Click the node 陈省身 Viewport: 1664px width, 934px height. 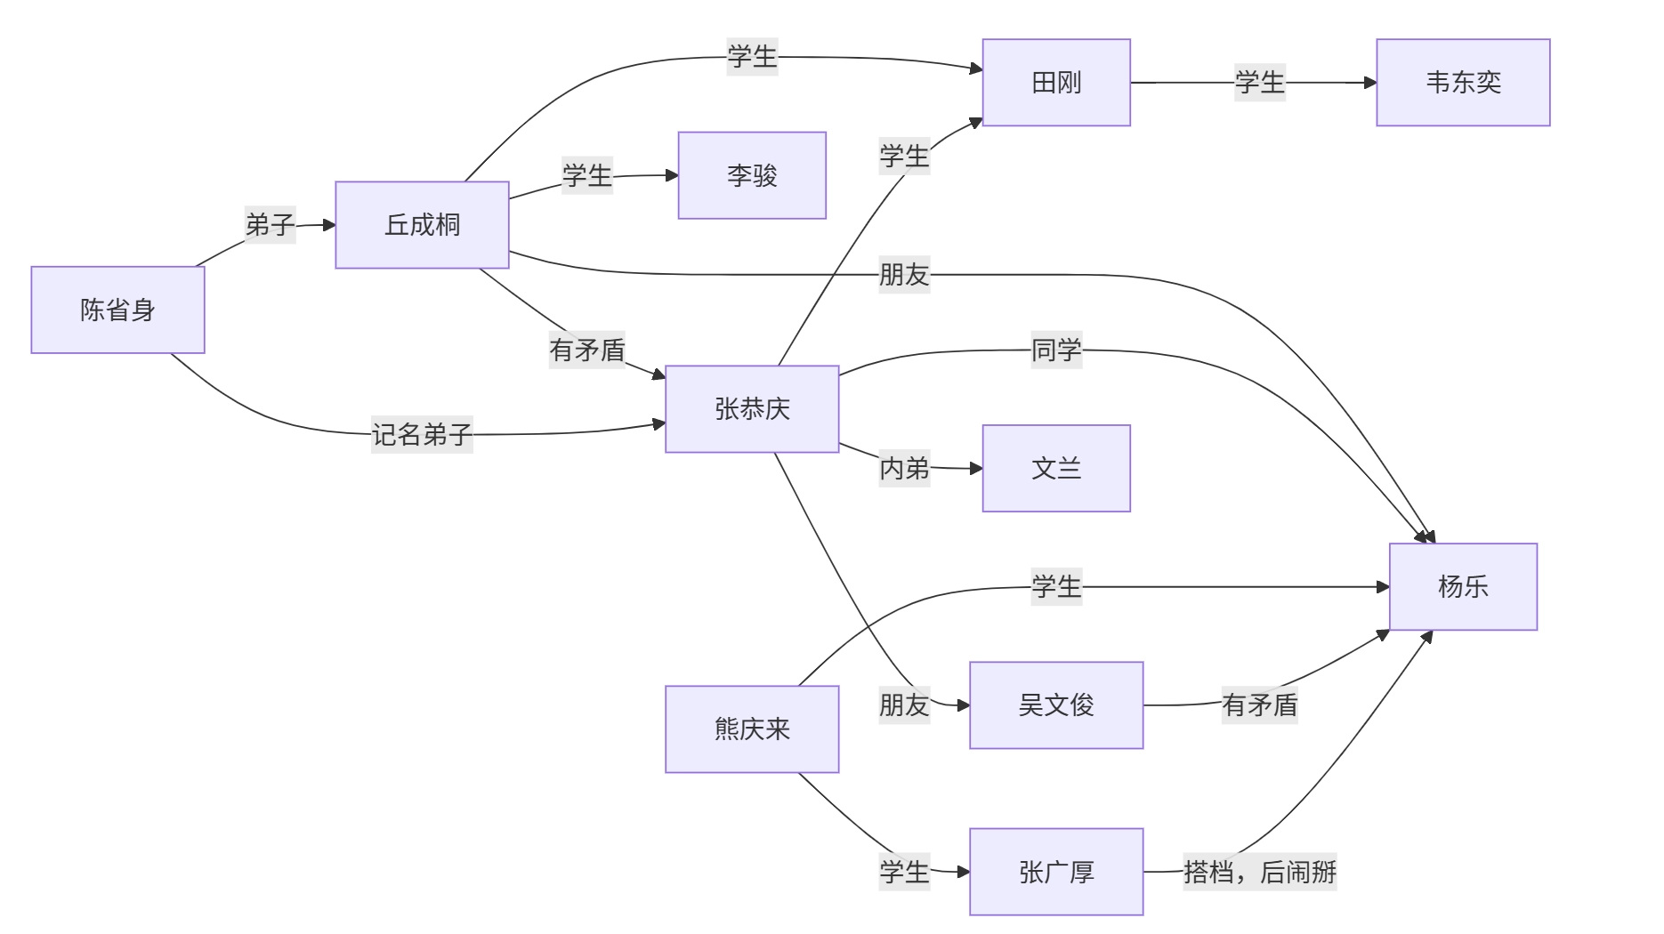tap(117, 310)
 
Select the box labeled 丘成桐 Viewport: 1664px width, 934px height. tap(422, 225)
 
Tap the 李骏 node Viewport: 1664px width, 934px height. tap(752, 175)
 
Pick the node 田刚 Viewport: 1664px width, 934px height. tap(1056, 83)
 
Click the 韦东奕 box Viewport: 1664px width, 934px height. tap(1463, 83)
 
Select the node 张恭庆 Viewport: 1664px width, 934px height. tap(752, 409)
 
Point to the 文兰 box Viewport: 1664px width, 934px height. tap(1056, 468)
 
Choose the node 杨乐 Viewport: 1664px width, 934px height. tap(1463, 586)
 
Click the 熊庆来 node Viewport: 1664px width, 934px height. tap(752, 729)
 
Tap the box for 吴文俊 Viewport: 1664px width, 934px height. tap(1056, 705)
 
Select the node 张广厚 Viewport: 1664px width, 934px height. tap(1056, 872)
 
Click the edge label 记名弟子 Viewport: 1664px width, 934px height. tap(422, 434)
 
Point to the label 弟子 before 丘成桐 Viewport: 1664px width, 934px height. tap(270, 225)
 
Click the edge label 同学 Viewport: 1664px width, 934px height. tap(1056, 350)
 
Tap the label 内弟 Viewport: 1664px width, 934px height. tap(904, 468)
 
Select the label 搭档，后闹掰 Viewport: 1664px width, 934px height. tap(1259, 872)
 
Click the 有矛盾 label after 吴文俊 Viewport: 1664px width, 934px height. tap(1259, 705)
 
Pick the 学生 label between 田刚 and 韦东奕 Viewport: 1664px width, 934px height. tap(1259, 83)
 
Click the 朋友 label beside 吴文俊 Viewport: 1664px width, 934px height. tap(904, 705)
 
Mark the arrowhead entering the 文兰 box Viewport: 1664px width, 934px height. tap(976, 468)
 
